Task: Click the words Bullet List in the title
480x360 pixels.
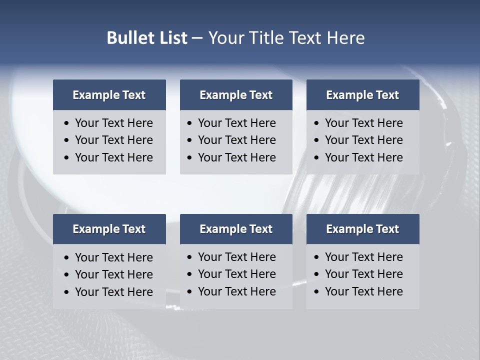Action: click(147, 38)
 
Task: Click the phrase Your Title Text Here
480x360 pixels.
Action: click(286, 38)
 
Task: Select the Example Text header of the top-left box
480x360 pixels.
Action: click(109, 95)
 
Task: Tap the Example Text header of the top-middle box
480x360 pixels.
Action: click(236, 95)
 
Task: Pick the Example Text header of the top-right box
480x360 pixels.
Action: click(362, 95)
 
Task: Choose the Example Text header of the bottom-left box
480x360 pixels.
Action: click(109, 229)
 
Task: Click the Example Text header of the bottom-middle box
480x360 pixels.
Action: click(236, 229)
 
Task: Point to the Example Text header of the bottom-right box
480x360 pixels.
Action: click(362, 229)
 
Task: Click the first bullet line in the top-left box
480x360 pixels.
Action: click(113, 123)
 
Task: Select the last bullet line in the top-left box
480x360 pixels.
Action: click(113, 157)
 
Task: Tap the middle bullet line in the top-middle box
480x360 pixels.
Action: click(236, 140)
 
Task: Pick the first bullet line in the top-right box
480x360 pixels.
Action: click(363, 123)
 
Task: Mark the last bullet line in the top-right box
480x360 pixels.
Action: click(363, 157)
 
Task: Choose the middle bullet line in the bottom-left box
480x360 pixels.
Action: click(113, 274)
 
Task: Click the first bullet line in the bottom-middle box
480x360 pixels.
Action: click(236, 257)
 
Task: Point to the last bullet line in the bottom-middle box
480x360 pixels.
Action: click(236, 291)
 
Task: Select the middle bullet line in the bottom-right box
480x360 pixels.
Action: click(363, 274)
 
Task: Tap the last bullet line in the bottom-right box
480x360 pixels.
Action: click(363, 291)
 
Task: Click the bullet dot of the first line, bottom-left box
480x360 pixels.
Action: click(67, 258)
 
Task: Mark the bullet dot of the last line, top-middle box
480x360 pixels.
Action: click(190, 158)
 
